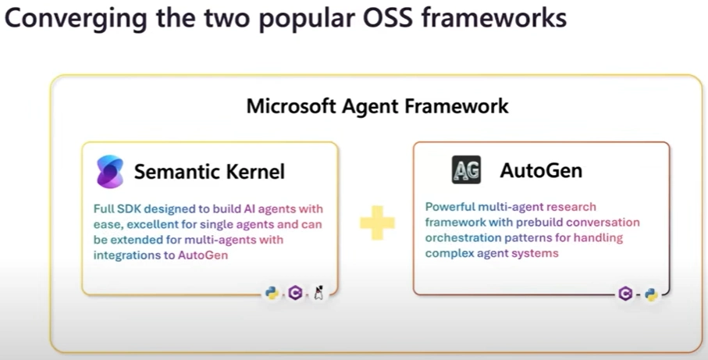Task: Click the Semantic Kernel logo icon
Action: click(x=109, y=171)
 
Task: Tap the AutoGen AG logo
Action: click(x=466, y=169)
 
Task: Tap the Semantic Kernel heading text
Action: click(x=209, y=171)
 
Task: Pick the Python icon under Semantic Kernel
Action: click(x=272, y=294)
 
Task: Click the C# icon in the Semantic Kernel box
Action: click(x=295, y=294)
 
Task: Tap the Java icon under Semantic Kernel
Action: click(x=318, y=294)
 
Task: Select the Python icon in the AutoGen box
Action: click(x=649, y=294)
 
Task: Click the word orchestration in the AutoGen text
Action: click(x=461, y=238)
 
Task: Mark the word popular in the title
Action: click(x=301, y=19)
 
